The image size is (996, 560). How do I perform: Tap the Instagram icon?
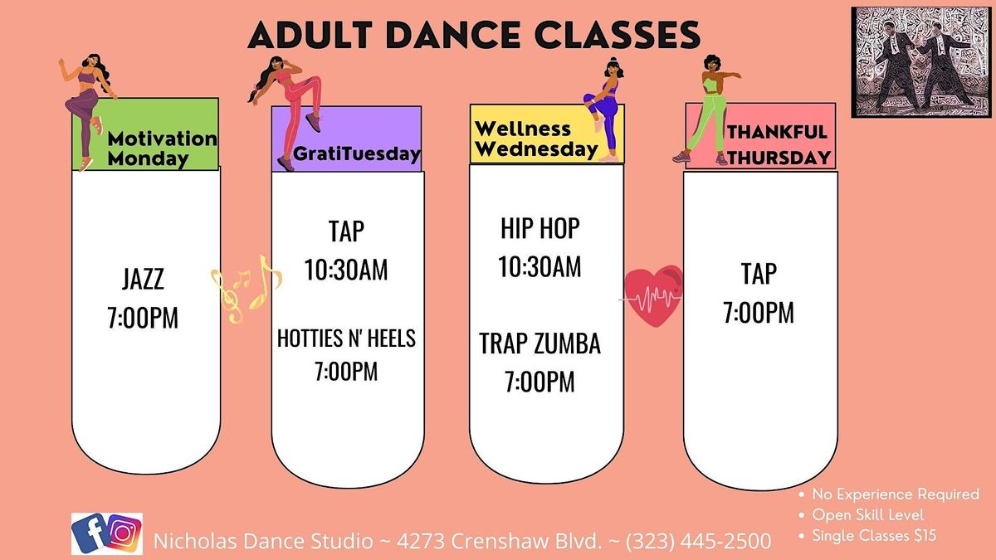[124, 534]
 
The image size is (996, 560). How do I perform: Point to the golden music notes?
[246, 287]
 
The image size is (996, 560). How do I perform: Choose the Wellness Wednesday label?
[535, 139]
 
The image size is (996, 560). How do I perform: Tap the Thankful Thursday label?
[777, 144]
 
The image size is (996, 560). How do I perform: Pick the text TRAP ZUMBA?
[539, 343]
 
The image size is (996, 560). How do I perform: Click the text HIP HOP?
[539, 229]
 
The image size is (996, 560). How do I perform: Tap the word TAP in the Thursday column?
[759, 273]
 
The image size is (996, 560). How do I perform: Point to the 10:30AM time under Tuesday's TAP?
[346, 271]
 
